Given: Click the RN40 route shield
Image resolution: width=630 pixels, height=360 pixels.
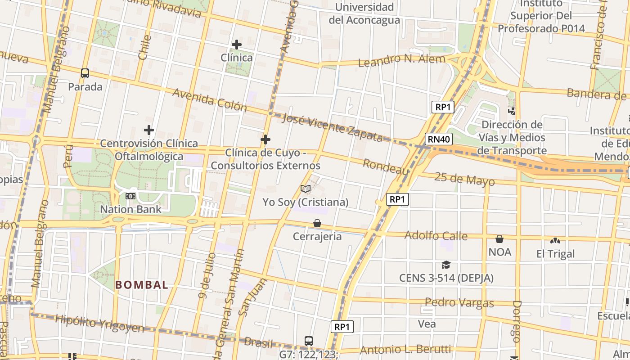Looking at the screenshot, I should point(439,139).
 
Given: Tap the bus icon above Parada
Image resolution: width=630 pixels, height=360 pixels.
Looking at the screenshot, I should point(85,73).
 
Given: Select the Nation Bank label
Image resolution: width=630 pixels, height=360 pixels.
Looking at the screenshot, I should point(130,209).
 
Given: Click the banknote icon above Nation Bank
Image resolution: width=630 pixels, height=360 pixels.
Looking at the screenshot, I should point(130,196).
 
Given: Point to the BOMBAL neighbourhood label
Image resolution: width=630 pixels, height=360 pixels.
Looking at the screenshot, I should point(142,285).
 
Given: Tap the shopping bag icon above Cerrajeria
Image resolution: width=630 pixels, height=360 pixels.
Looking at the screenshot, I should point(317,223).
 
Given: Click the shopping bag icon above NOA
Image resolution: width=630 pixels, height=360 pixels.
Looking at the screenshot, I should point(499,239).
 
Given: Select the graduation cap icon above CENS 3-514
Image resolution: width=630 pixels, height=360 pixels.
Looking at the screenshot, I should point(446,265).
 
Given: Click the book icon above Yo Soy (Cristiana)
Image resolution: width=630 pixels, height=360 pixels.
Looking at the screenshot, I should point(306,189).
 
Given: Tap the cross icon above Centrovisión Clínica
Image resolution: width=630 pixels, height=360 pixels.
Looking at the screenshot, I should point(149,130).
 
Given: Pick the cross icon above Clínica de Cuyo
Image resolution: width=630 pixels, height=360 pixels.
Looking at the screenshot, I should point(265,139).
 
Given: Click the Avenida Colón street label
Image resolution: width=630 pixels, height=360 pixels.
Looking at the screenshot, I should point(210,100).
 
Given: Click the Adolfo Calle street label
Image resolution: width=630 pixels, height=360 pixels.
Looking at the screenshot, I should point(436,235).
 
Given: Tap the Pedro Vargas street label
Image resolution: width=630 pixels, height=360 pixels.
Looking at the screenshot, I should point(459,302).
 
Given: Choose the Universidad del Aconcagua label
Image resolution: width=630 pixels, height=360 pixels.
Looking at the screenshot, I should point(364,13).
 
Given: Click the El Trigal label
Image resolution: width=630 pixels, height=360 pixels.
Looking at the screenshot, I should point(556,254).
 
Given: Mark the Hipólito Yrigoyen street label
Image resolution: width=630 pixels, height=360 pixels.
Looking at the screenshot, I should point(99,324).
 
